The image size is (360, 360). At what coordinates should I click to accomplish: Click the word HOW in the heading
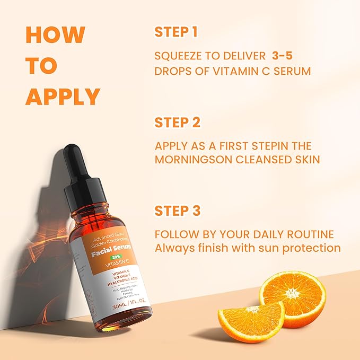(x=55, y=35)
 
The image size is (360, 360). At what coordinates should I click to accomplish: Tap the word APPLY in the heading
(x=63, y=97)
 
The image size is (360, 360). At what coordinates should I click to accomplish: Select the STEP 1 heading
(x=176, y=32)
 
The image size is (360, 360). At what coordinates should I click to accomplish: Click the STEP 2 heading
(x=177, y=122)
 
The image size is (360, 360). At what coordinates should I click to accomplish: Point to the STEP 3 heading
(x=177, y=210)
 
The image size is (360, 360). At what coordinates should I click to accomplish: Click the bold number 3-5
(x=289, y=56)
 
